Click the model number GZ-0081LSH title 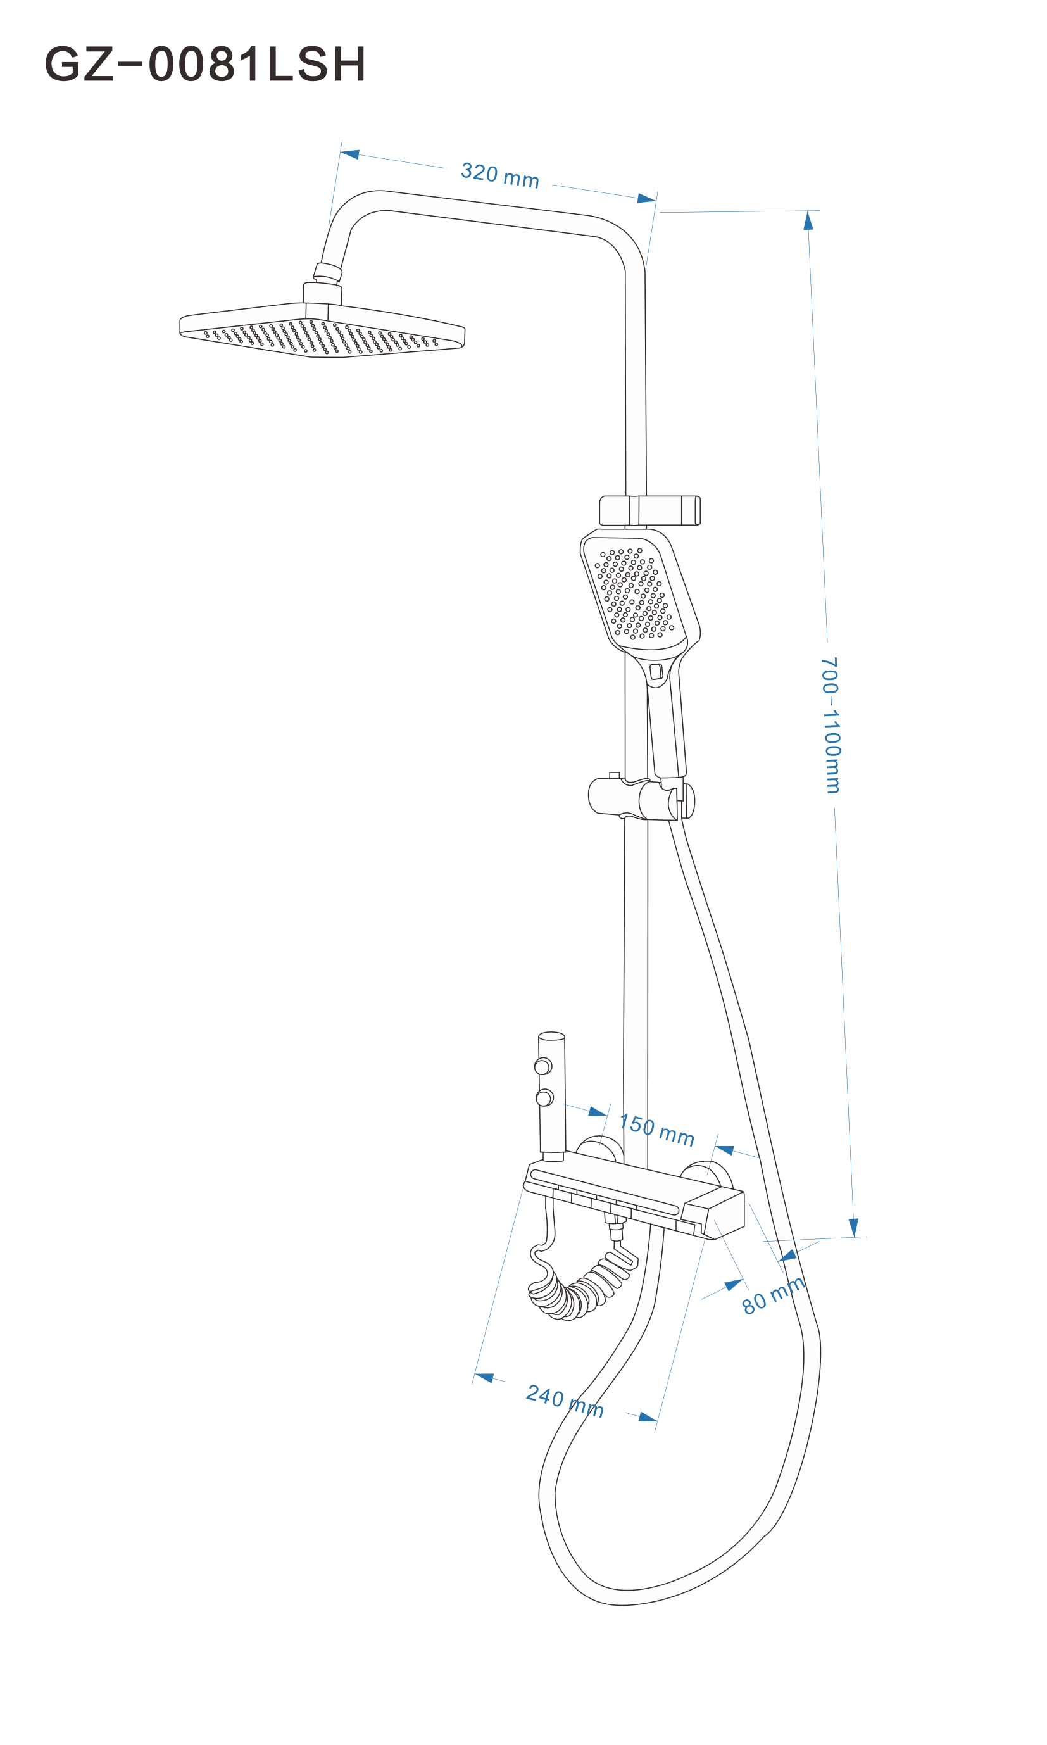pos(205,64)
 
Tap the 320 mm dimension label pos(499,175)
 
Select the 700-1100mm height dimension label pos(831,725)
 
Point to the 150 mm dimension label pos(657,1130)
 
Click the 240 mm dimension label pos(565,1401)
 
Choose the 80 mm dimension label pos(774,1295)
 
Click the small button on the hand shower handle pos(656,671)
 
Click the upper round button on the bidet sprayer pos(542,1066)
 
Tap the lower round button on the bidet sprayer pos(544,1098)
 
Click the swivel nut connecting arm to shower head pos(327,272)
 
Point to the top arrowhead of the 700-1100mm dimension pos(808,220)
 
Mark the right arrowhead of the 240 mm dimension pos(648,1417)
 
